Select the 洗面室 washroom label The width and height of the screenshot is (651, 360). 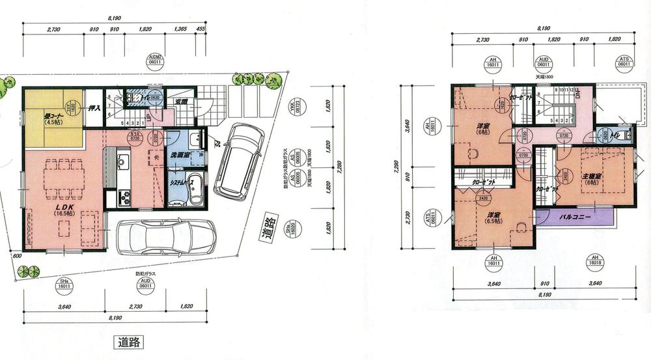180,156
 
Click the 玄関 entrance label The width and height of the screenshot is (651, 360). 182,102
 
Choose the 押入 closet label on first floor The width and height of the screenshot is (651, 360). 94,108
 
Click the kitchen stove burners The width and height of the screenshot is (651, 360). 122,194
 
